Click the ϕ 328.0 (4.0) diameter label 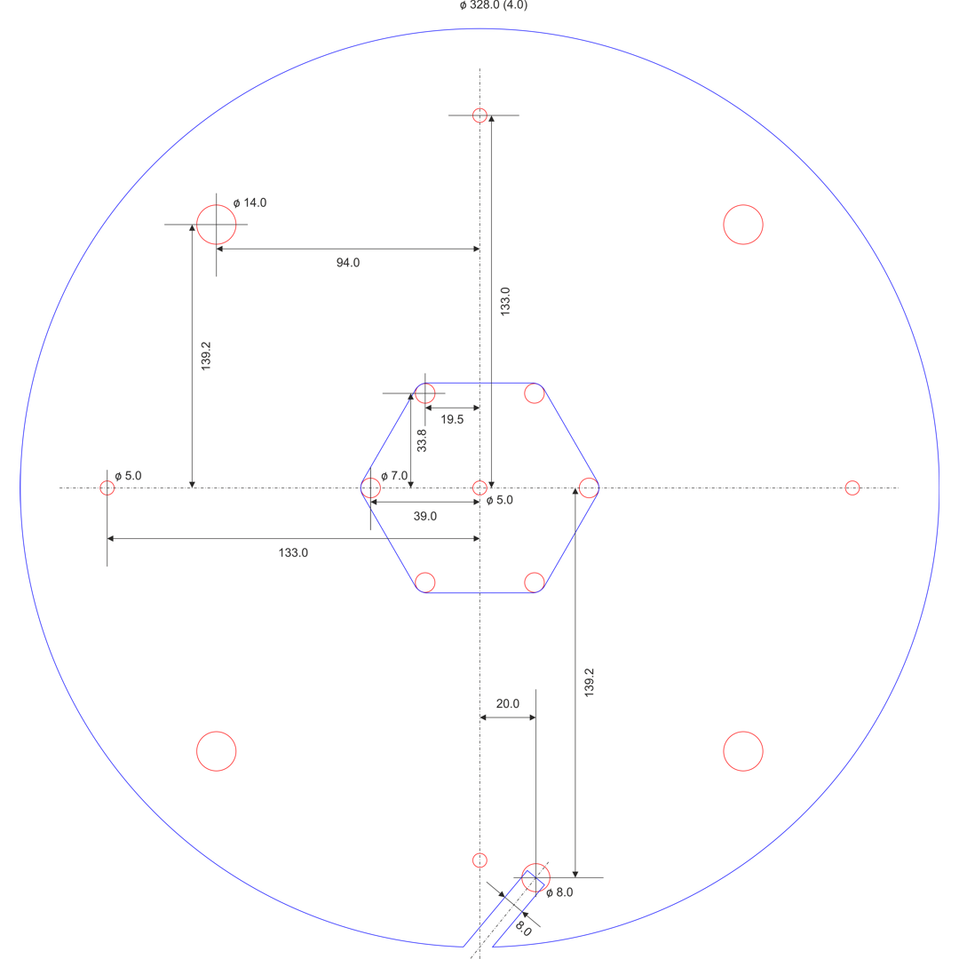pos(493,5)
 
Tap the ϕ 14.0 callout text pos(250,202)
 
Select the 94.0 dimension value pos(348,262)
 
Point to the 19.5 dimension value pos(452,419)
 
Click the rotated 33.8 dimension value pos(422,440)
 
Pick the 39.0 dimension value pos(425,516)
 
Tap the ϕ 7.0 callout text pos(394,475)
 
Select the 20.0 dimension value pos(508,703)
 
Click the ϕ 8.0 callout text pos(559,892)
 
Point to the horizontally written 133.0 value pos(293,553)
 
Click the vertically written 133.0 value pos(505,302)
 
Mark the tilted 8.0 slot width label pos(524,928)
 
